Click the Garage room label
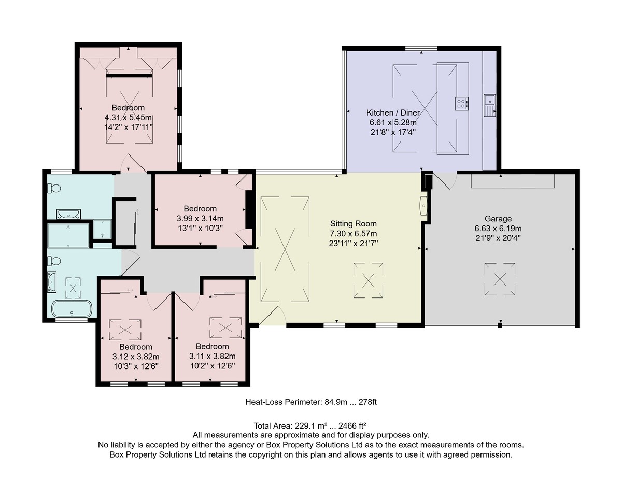click(x=498, y=219)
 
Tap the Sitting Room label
click(x=353, y=223)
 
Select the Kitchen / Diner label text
click(x=393, y=112)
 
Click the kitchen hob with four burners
click(x=461, y=103)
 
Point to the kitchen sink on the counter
click(x=490, y=105)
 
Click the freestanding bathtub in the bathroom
click(x=72, y=308)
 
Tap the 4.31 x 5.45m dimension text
click(x=128, y=117)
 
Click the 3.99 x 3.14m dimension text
click(x=200, y=218)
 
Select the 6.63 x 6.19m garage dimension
click(x=498, y=229)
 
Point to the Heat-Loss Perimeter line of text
click(x=311, y=402)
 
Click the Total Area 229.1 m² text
click(x=310, y=426)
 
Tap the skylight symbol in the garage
click(x=500, y=279)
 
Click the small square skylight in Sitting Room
click(x=368, y=280)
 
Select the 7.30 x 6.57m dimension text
click(x=353, y=234)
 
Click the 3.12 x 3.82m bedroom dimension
click(x=136, y=357)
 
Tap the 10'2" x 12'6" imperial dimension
click(x=213, y=366)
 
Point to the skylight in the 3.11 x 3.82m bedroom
click(x=225, y=328)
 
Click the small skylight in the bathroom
click(x=73, y=288)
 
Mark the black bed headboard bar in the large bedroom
click(x=129, y=76)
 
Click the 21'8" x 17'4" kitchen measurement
click(x=393, y=132)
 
